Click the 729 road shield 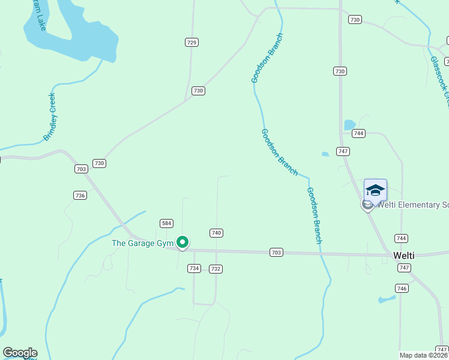tap(191, 42)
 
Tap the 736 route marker tap(80, 195)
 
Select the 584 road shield tap(167, 223)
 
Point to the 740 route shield tap(217, 233)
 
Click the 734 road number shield tap(194, 268)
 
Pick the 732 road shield tap(216, 269)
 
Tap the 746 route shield tap(402, 289)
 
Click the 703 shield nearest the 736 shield tap(82, 169)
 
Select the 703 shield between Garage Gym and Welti tap(276, 253)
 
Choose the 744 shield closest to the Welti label tap(402, 238)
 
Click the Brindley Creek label tap(49, 117)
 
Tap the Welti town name tap(403, 255)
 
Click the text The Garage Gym tap(142, 243)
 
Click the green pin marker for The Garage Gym tap(182, 242)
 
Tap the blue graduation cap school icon tap(375, 190)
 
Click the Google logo tap(20, 353)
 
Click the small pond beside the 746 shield tap(387, 299)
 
